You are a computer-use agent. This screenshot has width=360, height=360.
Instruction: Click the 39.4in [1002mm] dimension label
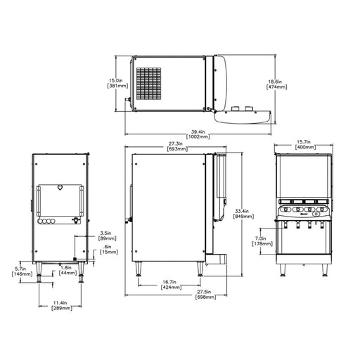pos(198,134)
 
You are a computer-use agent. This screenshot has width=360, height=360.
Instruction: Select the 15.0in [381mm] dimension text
pos(117,83)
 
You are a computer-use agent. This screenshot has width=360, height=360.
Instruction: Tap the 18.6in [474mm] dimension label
pos(277,84)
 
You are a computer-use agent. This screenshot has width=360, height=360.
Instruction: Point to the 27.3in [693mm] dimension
pos(177,146)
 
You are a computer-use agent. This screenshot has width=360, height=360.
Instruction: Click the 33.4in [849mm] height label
pos(243,214)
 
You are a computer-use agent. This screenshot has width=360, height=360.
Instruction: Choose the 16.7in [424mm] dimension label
pos(172,285)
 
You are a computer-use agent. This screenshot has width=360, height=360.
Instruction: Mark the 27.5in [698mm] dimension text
pos(205,295)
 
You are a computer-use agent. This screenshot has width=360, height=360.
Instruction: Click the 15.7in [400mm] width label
pos(305,145)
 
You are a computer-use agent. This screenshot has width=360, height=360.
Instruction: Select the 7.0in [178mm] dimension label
pos(262,241)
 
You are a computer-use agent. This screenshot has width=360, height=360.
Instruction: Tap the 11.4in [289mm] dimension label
pos(62,306)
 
